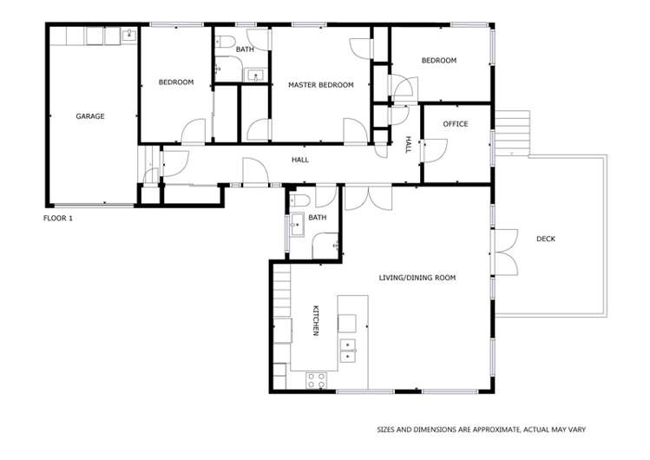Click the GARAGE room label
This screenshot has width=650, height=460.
89,115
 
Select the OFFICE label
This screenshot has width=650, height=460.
455,124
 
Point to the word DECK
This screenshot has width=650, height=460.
545,239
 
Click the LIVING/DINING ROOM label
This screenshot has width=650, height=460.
417,278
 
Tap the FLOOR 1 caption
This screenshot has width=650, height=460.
58,218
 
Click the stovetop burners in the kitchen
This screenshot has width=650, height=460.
315,379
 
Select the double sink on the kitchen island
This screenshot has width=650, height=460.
348,351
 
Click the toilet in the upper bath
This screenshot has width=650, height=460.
223,42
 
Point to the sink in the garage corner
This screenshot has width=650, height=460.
128,35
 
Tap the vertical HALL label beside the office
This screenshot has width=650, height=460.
408,144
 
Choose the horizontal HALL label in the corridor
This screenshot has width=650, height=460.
299,160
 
